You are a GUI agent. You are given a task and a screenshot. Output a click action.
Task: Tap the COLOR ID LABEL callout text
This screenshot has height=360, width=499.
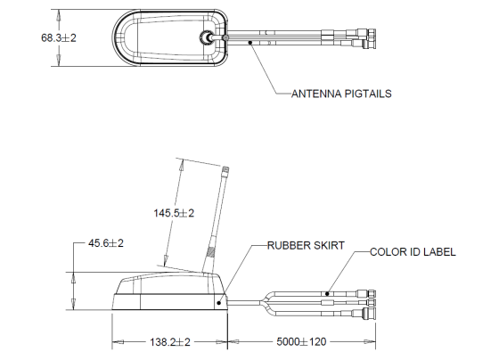click(x=413, y=251)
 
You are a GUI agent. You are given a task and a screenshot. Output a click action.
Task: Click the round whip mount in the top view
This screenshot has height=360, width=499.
click(x=207, y=38)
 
